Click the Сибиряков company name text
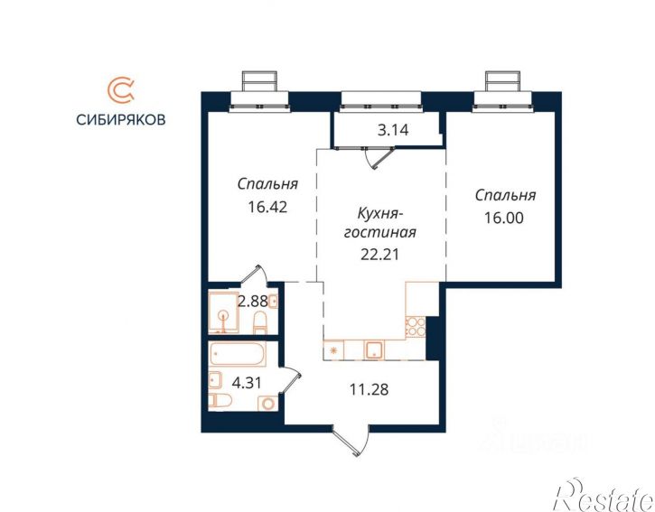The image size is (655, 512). click(x=121, y=119)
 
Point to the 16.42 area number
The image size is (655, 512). click(x=267, y=207)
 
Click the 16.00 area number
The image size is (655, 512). click(x=504, y=218)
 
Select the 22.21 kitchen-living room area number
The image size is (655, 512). click(x=379, y=255)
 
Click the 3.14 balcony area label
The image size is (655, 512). click(x=393, y=130)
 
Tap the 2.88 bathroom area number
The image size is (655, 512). click(x=252, y=301)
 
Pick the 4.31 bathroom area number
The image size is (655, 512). click(x=247, y=383)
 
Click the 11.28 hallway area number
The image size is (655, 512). click(x=369, y=389)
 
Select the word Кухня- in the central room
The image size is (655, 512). click(x=379, y=213)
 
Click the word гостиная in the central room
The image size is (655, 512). click(x=380, y=232)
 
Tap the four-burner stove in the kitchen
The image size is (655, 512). click(x=415, y=326)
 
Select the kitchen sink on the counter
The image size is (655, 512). click(x=375, y=350)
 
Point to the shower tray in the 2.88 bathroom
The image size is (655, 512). click(x=224, y=312)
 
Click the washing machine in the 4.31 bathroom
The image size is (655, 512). click(x=267, y=404)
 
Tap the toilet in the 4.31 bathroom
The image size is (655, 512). click(x=220, y=401)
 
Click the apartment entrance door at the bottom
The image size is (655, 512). click(x=351, y=441)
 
